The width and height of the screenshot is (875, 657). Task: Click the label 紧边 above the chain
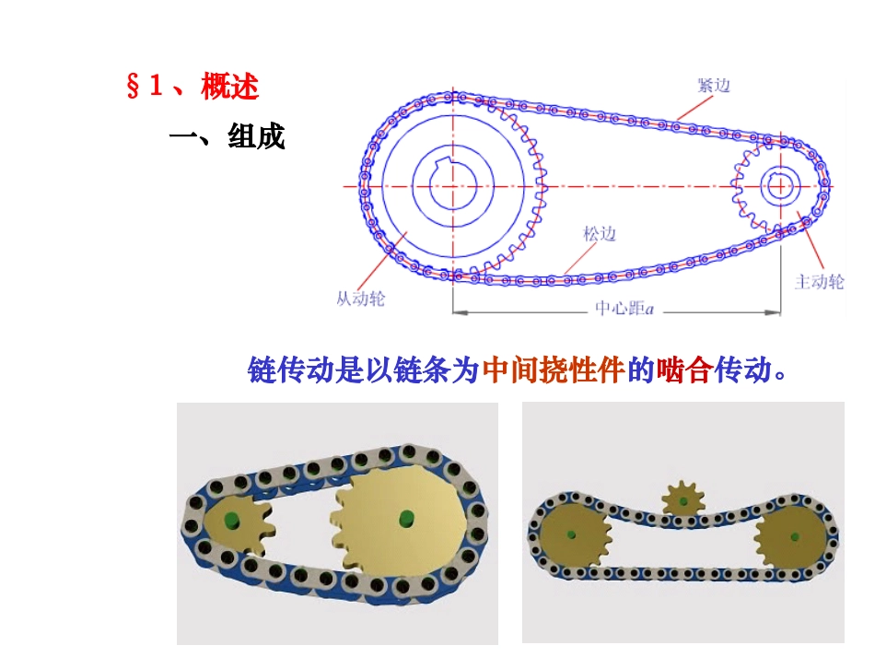click(x=714, y=86)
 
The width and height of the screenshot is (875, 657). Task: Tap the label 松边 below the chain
click(x=600, y=233)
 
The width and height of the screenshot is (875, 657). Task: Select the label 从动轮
click(x=360, y=299)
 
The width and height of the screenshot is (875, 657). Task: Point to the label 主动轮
click(x=819, y=281)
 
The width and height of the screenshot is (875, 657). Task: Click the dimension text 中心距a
click(x=624, y=308)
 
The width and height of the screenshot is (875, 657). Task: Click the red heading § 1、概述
click(x=192, y=87)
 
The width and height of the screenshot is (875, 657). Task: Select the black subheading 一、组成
click(x=227, y=136)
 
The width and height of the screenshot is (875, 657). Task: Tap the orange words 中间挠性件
click(x=554, y=370)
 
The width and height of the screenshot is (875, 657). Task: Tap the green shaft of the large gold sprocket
click(x=407, y=518)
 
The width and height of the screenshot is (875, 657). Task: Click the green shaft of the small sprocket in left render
click(x=230, y=521)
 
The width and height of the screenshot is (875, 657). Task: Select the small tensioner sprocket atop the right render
click(x=682, y=498)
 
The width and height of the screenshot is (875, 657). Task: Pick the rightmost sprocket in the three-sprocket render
click(x=790, y=537)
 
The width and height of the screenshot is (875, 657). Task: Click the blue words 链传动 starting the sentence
click(x=291, y=370)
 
